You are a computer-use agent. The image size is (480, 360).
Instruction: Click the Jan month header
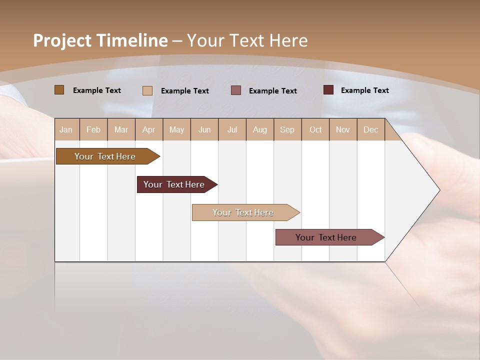66,129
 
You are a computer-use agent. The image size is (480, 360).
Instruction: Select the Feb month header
93,129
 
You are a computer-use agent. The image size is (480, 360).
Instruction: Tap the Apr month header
149,129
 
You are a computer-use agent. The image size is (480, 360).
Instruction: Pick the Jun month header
204,129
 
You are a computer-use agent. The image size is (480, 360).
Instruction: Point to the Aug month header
260,129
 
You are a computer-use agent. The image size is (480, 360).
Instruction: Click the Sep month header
287,129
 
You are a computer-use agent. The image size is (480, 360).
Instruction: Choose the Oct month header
315,129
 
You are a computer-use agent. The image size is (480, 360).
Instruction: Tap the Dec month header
371,129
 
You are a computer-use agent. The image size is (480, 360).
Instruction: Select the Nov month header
343,129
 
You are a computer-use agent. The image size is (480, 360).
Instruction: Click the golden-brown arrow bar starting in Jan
105,156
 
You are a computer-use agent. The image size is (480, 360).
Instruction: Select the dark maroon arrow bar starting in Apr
174,184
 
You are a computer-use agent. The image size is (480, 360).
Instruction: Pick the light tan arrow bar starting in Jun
243,212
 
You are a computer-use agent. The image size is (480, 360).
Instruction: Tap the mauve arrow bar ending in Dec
326,237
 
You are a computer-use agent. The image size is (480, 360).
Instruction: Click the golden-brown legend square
59,90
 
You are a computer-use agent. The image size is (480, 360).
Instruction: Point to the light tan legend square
147,90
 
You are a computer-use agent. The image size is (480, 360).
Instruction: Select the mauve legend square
236,90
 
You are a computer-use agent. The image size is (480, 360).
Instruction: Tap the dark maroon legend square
328,90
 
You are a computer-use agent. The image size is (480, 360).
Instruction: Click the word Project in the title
62,40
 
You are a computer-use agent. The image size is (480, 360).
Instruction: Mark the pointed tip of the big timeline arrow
439,189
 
